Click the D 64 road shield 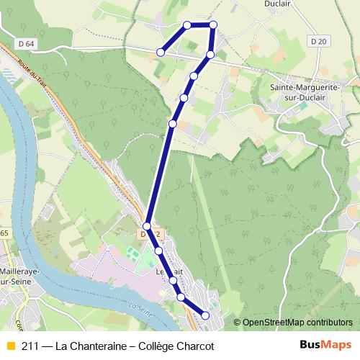pyautogui.click(x=27, y=44)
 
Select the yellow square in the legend pyautogui.click(x=10, y=346)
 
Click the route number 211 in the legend pyautogui.click(x=30, y=346)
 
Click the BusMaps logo pyautogui.click(x=325, y=345)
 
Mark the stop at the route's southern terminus pyautogui.click(x=205, y=315)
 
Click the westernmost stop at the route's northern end pyautogui.click(x=161, y=52)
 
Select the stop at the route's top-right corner pyautogui.click(x=213, y=25)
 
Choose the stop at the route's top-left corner pyautogui.click(x=187, y=25)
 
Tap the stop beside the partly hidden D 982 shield pyautogui.click(x=147, y=225)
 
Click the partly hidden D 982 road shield pyautogui.click(x=149, y=234)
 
